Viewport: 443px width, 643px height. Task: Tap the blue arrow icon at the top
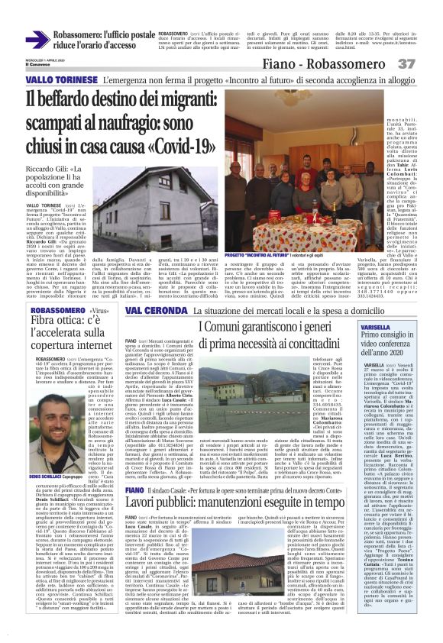37,39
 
